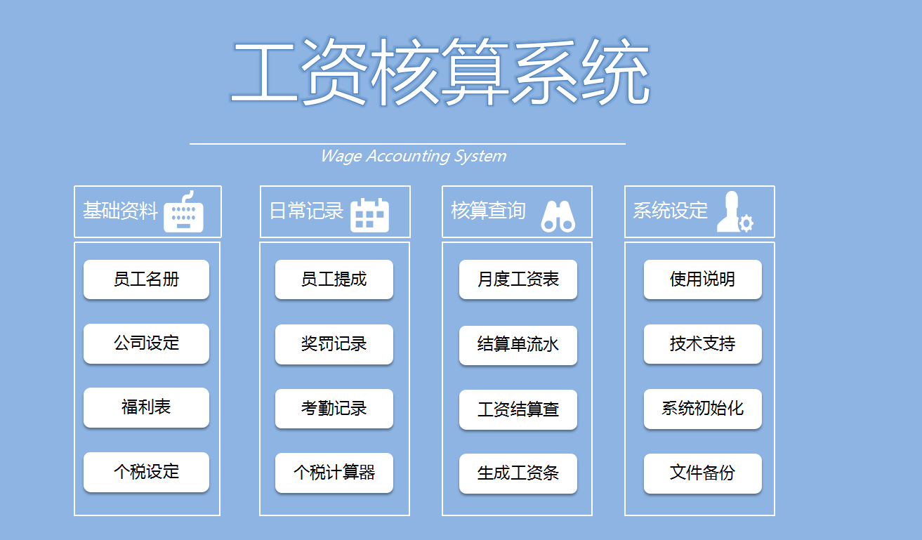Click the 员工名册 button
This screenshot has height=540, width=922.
tap(146, 279)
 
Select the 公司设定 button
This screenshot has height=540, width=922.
tap(146, 343)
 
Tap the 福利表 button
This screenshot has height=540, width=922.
tap(146, 407)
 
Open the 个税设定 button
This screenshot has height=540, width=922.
tap(146, 472)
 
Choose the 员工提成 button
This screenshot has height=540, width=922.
tap(334, 279)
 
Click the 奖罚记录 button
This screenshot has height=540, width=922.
tap(334, 344)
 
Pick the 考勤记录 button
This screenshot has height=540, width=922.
tap(334, 409)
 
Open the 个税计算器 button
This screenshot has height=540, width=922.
tap(334, 473)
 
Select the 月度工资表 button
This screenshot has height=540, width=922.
tap(518, 279)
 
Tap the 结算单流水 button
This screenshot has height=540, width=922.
tap(518, 345)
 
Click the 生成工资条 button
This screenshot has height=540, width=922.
tap(518, 473)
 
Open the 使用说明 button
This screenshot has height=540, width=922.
tap(702, 279)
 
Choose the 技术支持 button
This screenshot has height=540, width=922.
tap(702, 344)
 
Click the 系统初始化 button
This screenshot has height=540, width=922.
tap(702, 409)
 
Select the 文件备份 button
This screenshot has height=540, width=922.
tap(702, 473)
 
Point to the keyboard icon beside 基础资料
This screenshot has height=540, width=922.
tap(183, 213)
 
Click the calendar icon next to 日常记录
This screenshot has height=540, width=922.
tap(369, 215)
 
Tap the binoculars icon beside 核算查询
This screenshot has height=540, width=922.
tap(558, 216)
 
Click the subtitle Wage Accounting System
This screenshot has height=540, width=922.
tap(413, 156)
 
